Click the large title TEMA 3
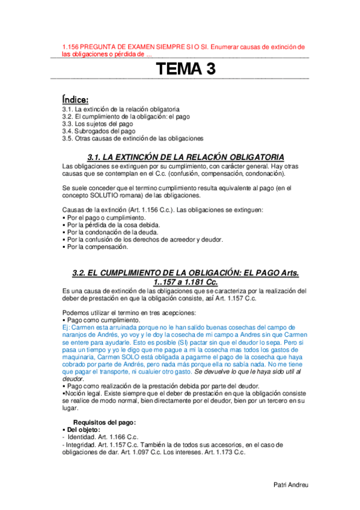[x=185, y=69]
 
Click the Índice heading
[x=75, y=99]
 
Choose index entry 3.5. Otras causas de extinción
[x=132, y=138]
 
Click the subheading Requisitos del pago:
[x=105, y=422]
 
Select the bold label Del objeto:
[x=79, y=429]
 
